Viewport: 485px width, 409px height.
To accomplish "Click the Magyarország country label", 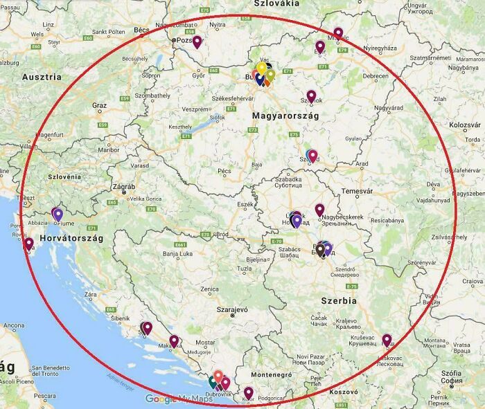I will tap(285, 116).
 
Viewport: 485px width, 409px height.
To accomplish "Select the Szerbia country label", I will tap(339, 301).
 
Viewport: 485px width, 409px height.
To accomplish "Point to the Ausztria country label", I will tap(43, 77).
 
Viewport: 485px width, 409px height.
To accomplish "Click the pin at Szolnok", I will tap(311, 96).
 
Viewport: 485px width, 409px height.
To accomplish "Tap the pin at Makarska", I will tap(174, 340).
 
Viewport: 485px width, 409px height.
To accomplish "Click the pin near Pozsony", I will tap(197, 42).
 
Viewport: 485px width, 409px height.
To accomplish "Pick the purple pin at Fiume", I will tap(58, 215).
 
